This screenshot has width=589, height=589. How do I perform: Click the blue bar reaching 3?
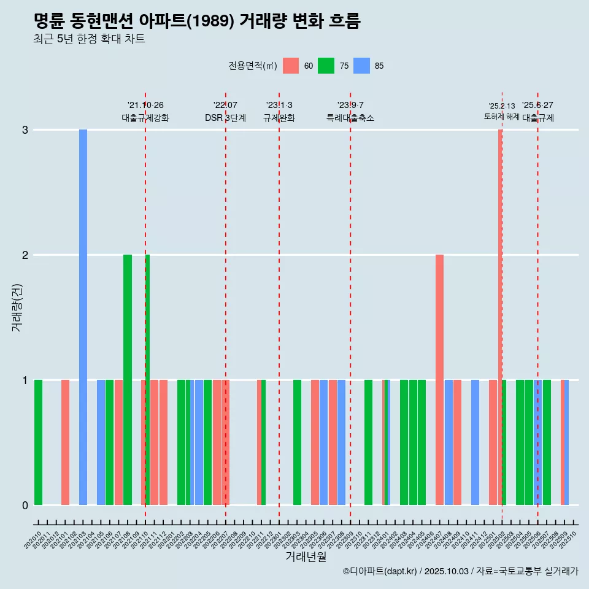tap(83, 317)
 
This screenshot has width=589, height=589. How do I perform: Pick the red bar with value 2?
tap(439, 379)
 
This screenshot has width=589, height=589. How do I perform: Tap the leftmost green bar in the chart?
tap(38, 442)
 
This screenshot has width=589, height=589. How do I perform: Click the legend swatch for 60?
tap(291, 66)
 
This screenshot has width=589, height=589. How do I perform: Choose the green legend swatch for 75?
tap(326, 66)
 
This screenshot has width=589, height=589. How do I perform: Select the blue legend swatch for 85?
tap(361, 66)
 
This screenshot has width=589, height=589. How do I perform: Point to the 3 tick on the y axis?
tap(25, 130)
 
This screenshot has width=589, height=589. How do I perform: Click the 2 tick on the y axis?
tap(25, 255)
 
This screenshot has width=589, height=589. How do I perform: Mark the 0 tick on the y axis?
tap(25, 506)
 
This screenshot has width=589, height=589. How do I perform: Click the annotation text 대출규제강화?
tap(145, 118)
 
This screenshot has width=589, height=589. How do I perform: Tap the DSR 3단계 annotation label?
tap(225, 118)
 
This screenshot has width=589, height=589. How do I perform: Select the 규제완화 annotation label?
tap(279, 118)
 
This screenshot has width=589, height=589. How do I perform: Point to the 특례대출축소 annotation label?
tap(350, 118)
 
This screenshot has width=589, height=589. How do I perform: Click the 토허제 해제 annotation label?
tap(502, 117)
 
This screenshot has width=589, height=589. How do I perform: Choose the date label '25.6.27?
tap(537, 106)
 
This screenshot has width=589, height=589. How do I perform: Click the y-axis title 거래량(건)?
tap(17, 307)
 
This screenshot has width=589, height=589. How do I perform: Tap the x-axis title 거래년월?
tap(306, 556)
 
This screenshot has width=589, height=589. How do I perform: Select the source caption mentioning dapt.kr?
tap(460, 572)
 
